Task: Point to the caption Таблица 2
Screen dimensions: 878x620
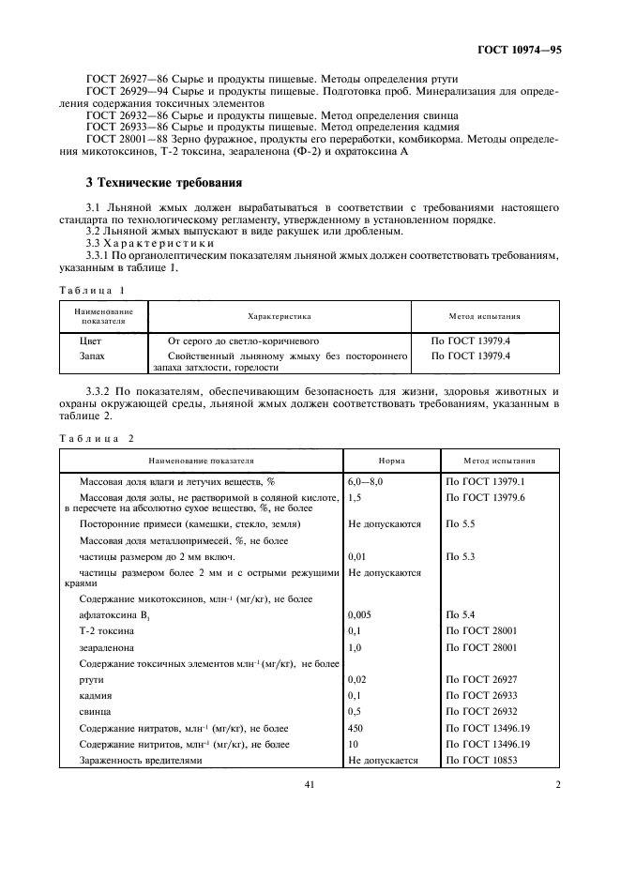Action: point(98,438)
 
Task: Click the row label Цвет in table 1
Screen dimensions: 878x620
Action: point(91,342)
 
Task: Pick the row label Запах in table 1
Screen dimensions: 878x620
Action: point(92,356)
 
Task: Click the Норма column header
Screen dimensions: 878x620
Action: point(391,462)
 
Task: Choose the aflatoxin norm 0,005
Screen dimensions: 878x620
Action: point(360,614)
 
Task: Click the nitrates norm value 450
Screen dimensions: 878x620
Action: point(355,728)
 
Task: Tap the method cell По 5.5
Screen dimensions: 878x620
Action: point(460,524)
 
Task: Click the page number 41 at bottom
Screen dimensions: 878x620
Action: point(309,786)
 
